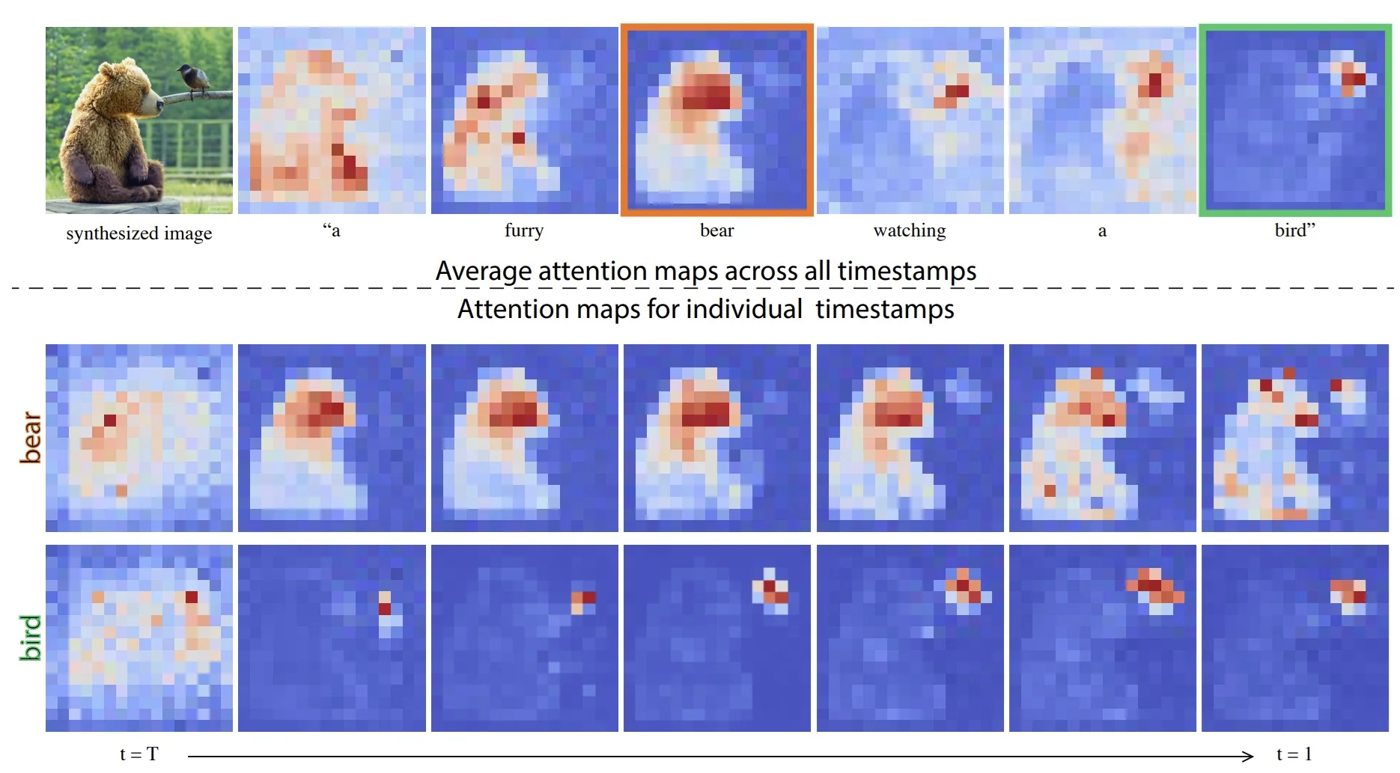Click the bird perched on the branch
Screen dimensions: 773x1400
tap(192, 79)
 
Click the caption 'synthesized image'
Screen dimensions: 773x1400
tap(139, 233)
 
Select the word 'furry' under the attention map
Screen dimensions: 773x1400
tap(524, 230)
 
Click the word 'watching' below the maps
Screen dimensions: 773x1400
tap(910, 230)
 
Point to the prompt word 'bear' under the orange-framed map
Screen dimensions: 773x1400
tap(716, 230)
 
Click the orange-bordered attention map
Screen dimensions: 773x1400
tap(717, 120)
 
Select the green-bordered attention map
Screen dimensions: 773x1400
tap(1295, 120)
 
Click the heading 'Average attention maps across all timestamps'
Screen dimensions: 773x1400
tap(705, 270)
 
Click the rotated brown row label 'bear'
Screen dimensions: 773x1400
tap(31, 437)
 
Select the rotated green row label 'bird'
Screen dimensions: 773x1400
tap(31, 638)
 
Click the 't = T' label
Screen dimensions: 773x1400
tap(139, 754)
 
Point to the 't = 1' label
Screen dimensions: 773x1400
tap(1294, 754)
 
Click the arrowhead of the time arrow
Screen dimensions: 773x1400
tap(1247, 756)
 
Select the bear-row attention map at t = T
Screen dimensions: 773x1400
tap(139, 438)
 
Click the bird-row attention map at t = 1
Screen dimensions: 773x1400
tap(1295, 638)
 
